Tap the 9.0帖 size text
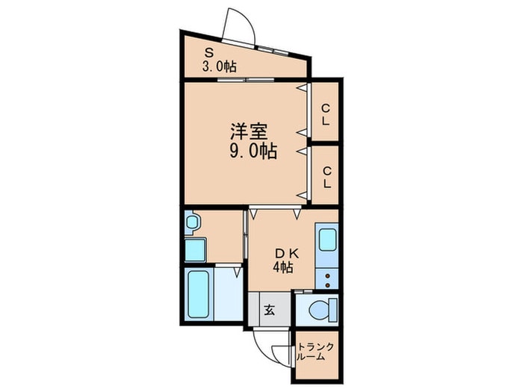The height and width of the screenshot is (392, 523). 253,152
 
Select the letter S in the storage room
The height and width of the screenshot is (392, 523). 210,52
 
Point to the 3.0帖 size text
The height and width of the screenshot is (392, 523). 218,66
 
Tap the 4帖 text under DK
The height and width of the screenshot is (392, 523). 282,267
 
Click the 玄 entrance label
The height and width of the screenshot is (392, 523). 269,309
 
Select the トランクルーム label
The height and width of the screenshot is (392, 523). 315,352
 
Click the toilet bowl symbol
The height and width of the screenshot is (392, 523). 320,308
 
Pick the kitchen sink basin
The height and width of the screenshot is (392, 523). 327,240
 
